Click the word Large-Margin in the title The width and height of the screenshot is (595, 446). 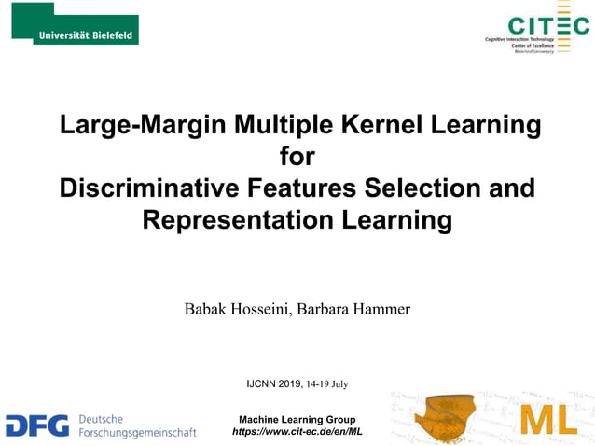point(141,124)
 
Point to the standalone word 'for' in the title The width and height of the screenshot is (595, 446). point(297,156)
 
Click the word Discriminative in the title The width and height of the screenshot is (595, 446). point(149,188)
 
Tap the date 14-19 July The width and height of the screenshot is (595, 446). point(327,383)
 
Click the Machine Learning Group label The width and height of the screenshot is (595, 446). point(297,419)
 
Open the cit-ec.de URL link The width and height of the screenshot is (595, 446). point(297,431)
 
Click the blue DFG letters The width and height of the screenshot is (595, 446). point(37,425)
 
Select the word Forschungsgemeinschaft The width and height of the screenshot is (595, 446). point(137,433)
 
